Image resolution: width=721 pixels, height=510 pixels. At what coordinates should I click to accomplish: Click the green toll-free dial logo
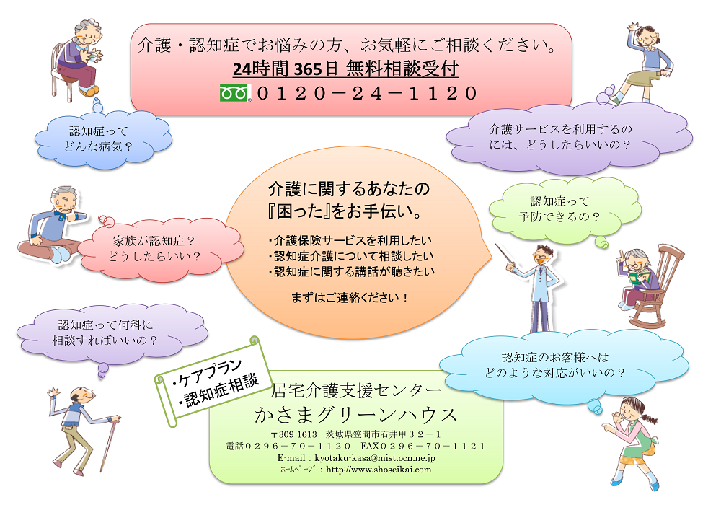pos(235,92)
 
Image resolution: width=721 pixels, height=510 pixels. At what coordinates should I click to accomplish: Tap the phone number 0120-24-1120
pos(367,93)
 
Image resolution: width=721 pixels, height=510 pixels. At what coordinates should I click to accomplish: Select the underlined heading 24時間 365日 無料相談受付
pos(345,69)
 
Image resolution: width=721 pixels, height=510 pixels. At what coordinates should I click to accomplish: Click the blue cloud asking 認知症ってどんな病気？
pos(103,139)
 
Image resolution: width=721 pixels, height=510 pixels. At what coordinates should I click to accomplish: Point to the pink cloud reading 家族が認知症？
pos(159,249)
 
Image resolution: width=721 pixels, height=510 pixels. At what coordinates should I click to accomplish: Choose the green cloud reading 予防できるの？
pos(565,209)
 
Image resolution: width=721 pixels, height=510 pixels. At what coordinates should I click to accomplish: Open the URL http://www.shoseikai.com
pos(379,470)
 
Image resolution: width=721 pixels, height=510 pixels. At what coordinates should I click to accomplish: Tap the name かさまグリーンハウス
pos(355,414)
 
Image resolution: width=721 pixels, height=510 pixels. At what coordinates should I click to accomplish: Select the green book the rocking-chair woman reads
pos(639,277)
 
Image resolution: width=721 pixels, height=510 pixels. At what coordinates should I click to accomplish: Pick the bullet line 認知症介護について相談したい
pos(351,255)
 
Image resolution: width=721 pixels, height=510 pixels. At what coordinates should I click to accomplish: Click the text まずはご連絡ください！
pos(350,298)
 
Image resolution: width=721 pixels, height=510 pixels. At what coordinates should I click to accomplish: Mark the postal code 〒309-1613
pos(294,434)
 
